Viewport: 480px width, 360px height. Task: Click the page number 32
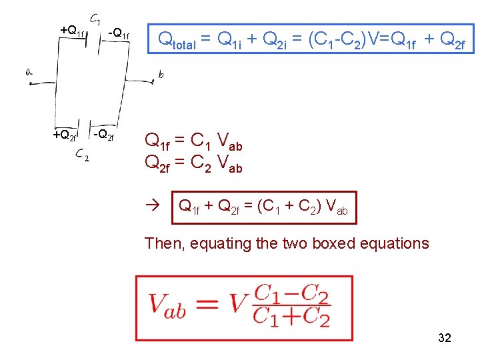pyautogui.click(x=445, y=338)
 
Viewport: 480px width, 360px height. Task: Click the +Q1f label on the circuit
pyautogui.click(x=72, y=30)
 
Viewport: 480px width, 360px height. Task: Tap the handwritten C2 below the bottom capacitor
pyautogui.click(x=83, y=155)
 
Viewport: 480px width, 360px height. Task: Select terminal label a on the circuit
pyautogui.click(x=29, y=72)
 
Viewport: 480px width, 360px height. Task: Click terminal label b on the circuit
pyautogui.click(x=161, y=75)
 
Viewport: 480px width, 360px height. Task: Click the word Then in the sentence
pyautogui.click(x=162, y=243)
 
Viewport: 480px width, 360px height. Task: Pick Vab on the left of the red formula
pyautogui.click(x=167, y=305)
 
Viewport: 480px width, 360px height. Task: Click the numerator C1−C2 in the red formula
pyautogui.click(x=291, y=293)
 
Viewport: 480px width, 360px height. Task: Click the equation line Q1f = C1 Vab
pyautogui.click(x=193, y=141)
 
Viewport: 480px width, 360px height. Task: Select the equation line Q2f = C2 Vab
pyautogui.click(x=193, y=162)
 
